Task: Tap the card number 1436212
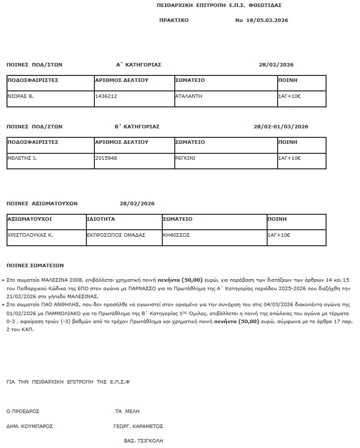[106, 96]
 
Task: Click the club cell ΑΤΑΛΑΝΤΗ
[189, 96]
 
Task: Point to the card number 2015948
[106, 158]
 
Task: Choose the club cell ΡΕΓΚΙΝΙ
[186, 158]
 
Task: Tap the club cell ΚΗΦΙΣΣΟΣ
[176, 235]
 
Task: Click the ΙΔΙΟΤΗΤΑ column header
[101, 219]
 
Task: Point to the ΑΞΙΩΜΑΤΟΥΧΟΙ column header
[29, 219]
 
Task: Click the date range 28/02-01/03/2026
[281, 126]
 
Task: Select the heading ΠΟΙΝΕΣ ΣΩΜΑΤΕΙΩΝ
[35, 265]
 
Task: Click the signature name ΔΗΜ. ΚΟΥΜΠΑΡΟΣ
[29, 427]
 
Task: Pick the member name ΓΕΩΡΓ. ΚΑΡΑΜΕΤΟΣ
[138, 427]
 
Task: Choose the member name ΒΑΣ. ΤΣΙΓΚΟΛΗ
[143, 441]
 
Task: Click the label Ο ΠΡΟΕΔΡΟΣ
[23, 412]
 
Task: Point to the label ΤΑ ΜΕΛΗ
[127, 412]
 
